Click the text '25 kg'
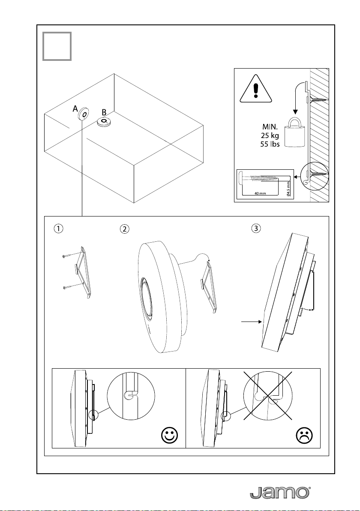tap(270, 136)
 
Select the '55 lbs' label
tap(270, 144)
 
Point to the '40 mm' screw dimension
tap(260, 193)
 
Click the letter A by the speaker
tap(75, 108)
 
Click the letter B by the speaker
tap(104, 112)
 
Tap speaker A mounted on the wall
tap(84, 114)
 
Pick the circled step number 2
tap(124, 229)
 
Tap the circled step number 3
tap(256, 228)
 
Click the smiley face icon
tap(170, 435)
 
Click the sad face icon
tap(304, 435)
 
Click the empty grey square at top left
tap(57, 46)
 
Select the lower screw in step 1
tap(74, 286)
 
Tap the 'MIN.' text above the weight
tap(270, 127)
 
